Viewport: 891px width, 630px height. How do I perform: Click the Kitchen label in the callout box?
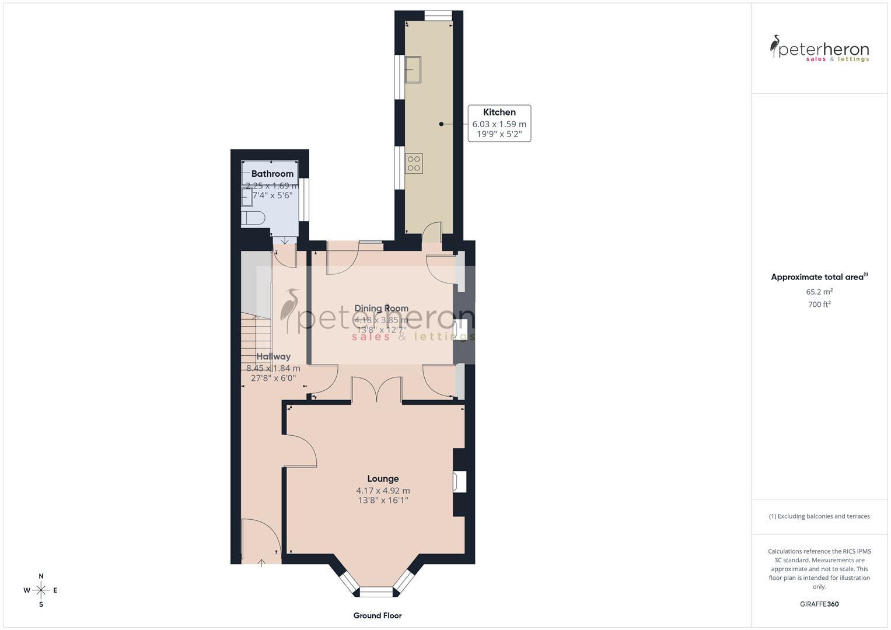(499, 112)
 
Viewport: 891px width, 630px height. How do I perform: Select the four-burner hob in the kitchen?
(414, 163)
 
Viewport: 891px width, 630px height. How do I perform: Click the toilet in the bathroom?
(253, 218)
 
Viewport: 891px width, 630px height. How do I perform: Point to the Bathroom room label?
(272, 174)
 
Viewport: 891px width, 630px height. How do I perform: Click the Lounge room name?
(383, 478)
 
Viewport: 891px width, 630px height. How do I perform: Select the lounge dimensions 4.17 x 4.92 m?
(383, 491)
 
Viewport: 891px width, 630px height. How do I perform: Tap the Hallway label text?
(273, 356)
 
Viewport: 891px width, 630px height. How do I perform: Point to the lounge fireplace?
(459, 482)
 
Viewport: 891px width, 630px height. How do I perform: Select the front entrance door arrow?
(261, 562)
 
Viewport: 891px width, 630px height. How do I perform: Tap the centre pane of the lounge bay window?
(376, 592)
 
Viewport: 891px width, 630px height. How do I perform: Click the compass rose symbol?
(41, 590)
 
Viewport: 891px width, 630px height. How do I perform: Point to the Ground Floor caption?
(377, 615)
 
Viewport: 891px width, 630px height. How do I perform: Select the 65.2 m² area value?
(819, 292)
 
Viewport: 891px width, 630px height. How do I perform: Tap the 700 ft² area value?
(819, 304)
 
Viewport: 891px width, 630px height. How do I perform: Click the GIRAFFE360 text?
(819, 604)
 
